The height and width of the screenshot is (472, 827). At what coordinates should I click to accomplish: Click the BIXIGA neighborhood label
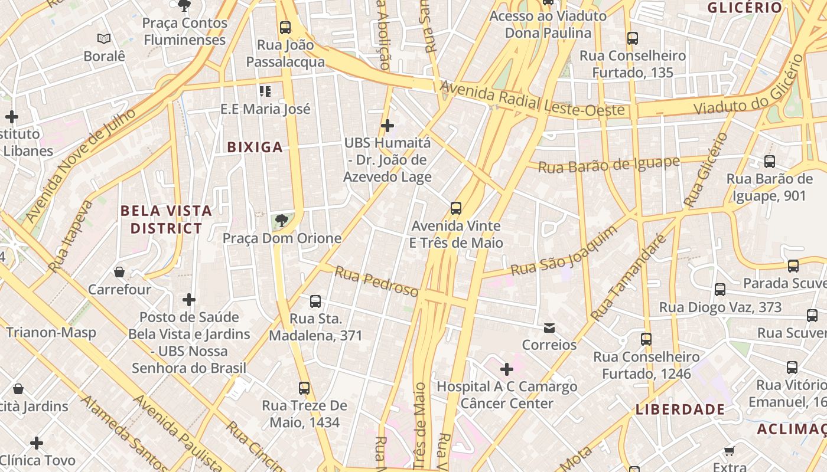click(255, 147)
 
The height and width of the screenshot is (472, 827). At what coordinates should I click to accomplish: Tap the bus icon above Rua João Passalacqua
click(285, 27)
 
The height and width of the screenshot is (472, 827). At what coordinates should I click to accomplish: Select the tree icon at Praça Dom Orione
click(282, 221)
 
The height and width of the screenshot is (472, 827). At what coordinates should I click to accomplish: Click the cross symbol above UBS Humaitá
click(388, 125)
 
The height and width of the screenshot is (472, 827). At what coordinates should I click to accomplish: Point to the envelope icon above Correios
click(549, 327)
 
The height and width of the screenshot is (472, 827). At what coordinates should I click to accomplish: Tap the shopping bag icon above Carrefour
click(119, 272)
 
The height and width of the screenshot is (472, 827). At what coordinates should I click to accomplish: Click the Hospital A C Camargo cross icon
click(506, 369)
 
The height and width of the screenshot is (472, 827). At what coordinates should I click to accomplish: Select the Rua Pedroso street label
click(376, 281)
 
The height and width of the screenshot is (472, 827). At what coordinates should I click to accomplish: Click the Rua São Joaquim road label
click(564, 251)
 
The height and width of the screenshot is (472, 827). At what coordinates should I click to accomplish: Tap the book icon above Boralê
click(104, 39)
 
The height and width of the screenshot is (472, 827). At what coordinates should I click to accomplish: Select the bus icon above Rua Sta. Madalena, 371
click(315, 301)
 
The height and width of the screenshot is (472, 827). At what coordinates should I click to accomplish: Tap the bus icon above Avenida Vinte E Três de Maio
click(455, 208)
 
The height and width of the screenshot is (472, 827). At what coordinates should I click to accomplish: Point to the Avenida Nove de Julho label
click(80, 165)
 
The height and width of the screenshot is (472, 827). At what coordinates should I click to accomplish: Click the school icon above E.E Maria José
click(265, 91)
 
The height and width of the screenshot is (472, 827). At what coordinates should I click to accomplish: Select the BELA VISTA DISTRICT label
click(166, 219)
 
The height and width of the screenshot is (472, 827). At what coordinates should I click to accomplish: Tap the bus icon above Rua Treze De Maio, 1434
click(304, 388)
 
